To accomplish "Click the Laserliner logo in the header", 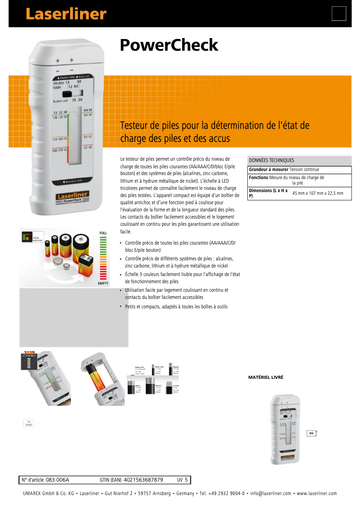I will pyautogui.click(x=66, y=14).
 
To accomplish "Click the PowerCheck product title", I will pyautogui.click(x=169, y=45).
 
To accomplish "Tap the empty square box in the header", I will pyautogui.click(x=339, y=13).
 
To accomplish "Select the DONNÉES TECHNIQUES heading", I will pyautogui.click(x=272, y=160).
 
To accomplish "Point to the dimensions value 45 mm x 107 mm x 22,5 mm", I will pyautogui.click(x=318, y=193).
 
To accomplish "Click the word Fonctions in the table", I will pyautogui.click(x=259, y=178).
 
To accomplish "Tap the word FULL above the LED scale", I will pyautogui.click(x=103, y=233).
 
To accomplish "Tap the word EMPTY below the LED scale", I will pyautogui.click(x=103, y=284).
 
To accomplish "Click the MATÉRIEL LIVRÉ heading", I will pyautogui.click(x=266, y=377).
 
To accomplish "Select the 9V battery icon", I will pyautogui.click(x=312, y=433).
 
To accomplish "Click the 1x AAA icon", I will pyautogui.click(x=29, y=423).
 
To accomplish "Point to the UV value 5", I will pyautogui.click(x=186, y=480).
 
